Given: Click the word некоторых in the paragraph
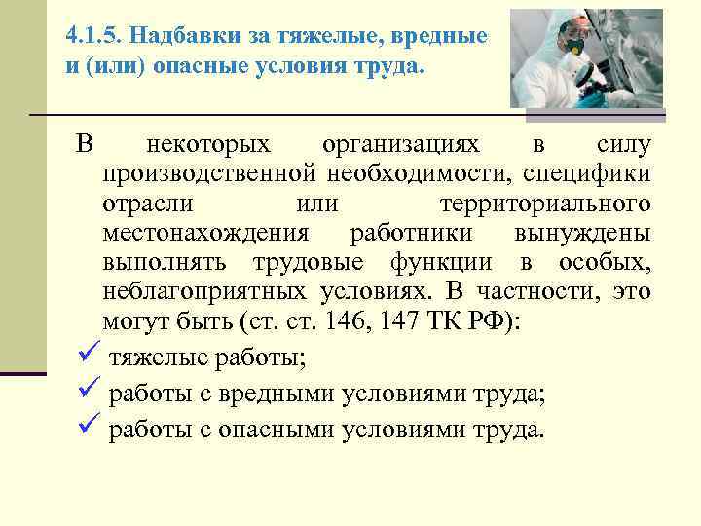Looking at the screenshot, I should point(208,145).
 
